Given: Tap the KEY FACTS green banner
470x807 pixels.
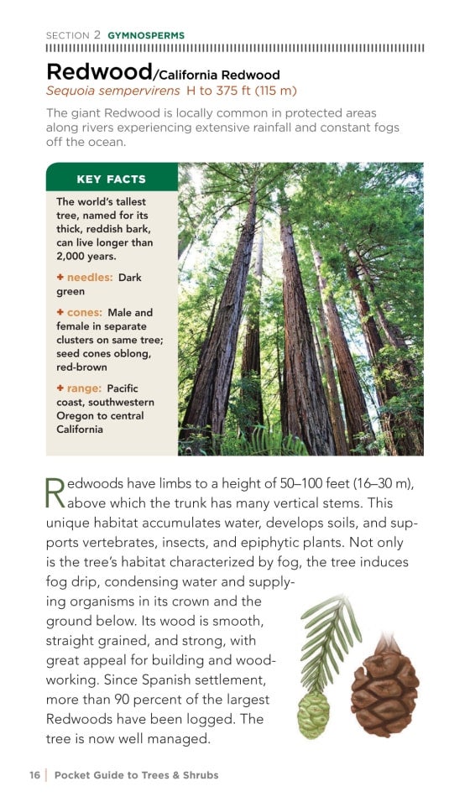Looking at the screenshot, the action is [111, 179].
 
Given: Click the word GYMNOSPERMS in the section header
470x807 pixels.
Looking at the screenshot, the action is [146, 35].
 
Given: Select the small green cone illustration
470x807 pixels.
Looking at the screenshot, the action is [314, 714].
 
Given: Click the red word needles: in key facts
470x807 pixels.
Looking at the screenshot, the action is [89, 277].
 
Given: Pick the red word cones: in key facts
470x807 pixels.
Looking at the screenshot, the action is [84, 312].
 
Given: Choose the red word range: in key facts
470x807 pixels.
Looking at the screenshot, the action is [84, 388].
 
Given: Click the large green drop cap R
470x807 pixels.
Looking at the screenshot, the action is [55, 492].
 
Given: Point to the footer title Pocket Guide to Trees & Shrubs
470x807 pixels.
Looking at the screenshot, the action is [136, 775].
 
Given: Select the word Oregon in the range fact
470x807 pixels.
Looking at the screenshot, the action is [76, 416].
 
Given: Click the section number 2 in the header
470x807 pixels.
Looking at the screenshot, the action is [97, 35].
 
